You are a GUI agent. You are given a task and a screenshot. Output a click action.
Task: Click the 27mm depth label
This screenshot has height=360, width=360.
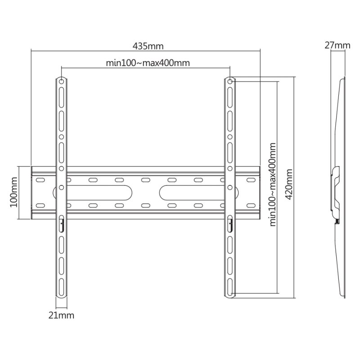[337, 45]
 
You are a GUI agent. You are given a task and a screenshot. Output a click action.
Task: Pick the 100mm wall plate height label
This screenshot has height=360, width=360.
[14, 193]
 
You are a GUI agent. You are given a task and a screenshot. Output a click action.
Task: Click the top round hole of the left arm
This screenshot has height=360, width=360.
[61, 82]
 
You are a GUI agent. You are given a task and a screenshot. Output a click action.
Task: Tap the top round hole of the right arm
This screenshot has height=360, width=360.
[229, 82]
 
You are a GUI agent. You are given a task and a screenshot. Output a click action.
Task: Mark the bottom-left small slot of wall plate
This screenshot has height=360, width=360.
[40, 206]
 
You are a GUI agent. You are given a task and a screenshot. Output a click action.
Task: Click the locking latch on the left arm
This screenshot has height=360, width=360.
[61, 222]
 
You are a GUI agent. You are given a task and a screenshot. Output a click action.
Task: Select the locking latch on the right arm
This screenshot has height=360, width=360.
[229, 222]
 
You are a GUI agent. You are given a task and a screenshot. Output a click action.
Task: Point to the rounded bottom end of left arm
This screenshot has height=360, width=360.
[61, 295]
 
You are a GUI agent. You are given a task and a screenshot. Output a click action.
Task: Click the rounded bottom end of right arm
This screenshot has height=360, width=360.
[229, 295]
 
